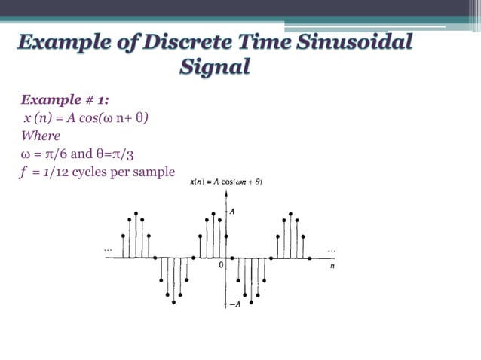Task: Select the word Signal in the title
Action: [x=215, y=68]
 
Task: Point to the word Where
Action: [x=41, y=136]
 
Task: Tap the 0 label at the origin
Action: [x=221, y=265]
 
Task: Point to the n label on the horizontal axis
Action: [x=332, y=266]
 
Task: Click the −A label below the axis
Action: [x=234, y=304]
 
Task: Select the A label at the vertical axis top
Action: [x=232, y=212]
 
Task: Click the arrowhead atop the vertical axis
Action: [x=225, y=194]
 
